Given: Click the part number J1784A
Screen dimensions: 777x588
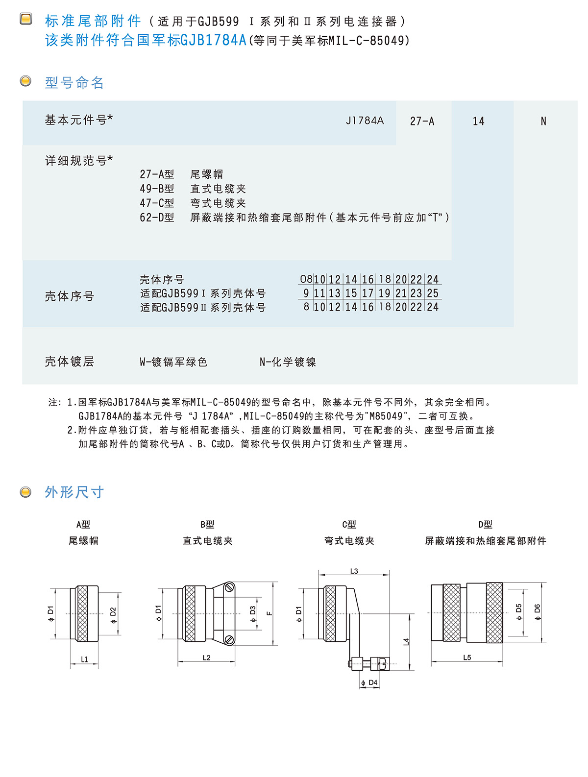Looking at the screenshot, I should click(x=365, y=121).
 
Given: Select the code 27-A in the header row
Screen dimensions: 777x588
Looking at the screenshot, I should click(x=422, y=121).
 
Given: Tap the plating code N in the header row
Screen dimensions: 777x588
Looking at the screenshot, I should click(x=543, y=121).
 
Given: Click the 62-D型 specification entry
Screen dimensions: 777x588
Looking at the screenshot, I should click(x=157, y=218).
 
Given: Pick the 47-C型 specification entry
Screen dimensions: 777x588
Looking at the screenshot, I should click(x=157, y=203).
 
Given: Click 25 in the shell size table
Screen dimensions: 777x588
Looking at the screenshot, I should click(x=433, y=293).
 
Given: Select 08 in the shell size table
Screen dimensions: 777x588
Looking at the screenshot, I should click(x=306, y=279).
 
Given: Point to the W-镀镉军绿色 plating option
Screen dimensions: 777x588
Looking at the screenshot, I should click(x=173, y=362).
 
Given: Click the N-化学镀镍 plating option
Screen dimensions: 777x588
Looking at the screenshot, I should click(x=288, y=362).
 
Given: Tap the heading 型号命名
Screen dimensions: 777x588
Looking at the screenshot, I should click(x=74, y=83).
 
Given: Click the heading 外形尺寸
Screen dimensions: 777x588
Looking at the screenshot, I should click(x=74, y=492).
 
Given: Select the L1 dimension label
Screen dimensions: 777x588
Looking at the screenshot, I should click(x=84, y=659).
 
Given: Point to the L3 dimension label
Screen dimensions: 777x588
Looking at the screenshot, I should click(x=354, y=571).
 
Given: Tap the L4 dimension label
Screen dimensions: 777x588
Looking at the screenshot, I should click(x=406, y=641).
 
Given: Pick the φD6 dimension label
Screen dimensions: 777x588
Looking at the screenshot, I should click(x=537, y=612).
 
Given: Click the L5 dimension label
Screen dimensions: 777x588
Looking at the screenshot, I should click(x=467, y=657).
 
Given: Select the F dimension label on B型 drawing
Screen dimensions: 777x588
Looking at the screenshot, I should click(x=269, y=613).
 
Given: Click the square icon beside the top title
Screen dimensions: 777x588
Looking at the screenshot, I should click(x=25, y=19).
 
